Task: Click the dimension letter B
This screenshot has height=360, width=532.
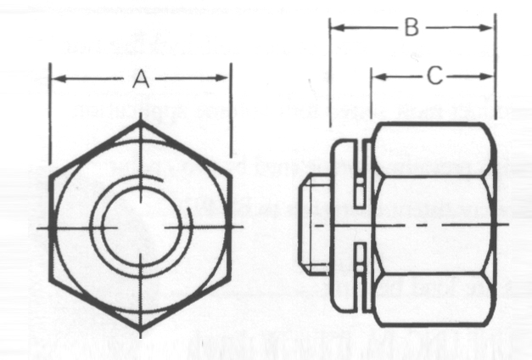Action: click(x=411, y=28)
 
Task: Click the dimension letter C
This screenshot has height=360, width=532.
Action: click(x=434, y=77)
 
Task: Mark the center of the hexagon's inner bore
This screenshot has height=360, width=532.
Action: click(x=141, y=227)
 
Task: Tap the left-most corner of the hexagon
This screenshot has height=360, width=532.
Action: click(x=49, y=228)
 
